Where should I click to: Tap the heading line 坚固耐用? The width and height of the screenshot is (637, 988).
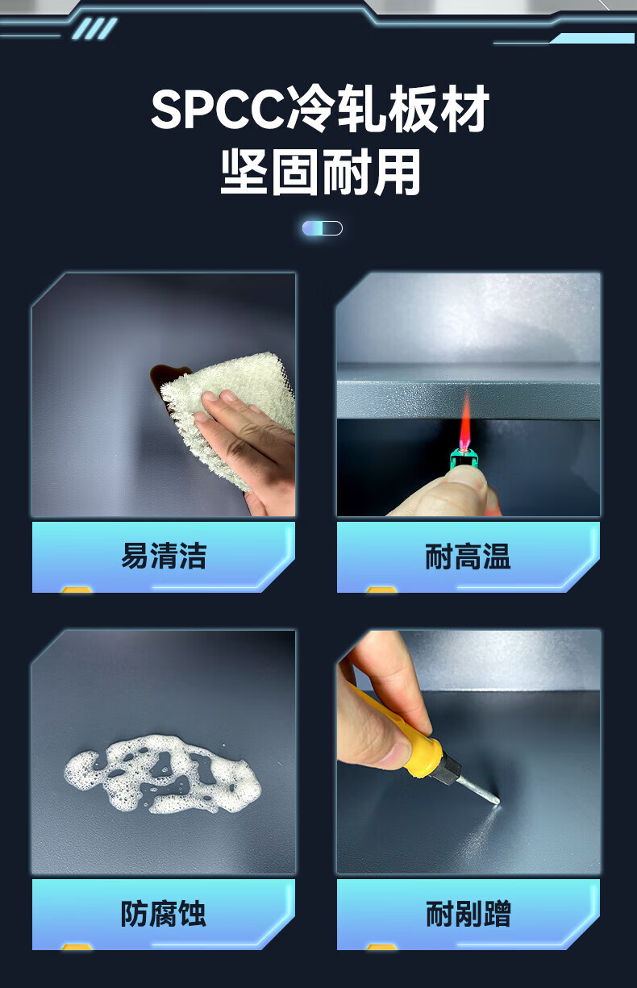coord(320,172)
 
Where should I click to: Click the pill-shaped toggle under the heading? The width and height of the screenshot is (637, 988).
coord(323,228)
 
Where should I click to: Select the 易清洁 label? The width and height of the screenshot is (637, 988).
coord(164,556)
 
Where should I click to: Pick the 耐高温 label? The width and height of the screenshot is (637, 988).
coord(468,557)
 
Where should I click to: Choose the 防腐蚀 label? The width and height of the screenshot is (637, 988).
coord(164,914)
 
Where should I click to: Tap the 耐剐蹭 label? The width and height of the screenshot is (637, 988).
coord(468,914)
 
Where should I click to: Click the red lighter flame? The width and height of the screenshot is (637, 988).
coord(465,421)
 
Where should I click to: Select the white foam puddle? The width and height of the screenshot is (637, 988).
coord(163,775)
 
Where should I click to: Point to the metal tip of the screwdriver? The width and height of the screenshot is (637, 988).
coord(479,791)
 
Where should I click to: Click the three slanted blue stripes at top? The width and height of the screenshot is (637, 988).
coord(95,29)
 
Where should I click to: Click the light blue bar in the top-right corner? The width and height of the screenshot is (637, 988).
coord(592,39)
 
